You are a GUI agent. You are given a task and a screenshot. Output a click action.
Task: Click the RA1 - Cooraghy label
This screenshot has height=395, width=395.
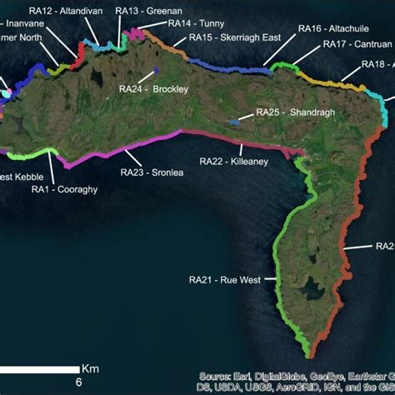pyautogui.click(x=64, y=190)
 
